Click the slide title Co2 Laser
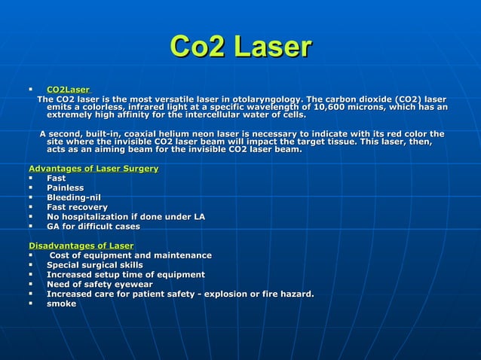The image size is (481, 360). pos(240,47)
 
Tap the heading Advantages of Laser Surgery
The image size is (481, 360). pos(93,168)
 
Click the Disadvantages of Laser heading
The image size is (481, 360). pos(81,246)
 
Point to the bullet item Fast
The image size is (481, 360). pos(56,178)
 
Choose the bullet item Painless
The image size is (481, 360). pos(65,188)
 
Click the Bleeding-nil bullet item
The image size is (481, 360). pos(74,197)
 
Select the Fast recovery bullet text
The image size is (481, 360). pos(77,207)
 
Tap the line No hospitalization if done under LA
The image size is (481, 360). pos(125,217)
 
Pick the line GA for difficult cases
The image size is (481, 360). pos(93,227)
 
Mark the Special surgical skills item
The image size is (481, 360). pos(94,265)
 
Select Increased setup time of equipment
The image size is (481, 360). pos(125,275)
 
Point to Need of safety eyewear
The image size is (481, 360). pos(100,285)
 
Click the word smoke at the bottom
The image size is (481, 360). pos(61,304)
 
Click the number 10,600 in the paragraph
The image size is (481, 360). pos(348,108)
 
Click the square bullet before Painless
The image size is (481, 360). pos(31,188)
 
